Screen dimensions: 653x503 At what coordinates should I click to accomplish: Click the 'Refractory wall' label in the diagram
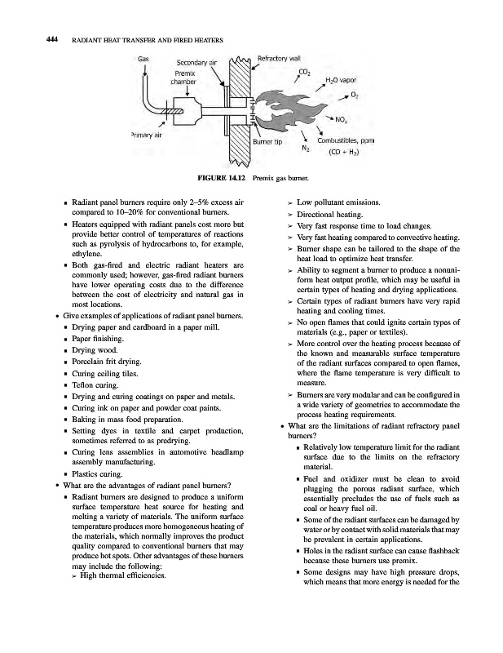[x=281, y=58]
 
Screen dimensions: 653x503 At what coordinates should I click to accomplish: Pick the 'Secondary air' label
[x=196, y=63]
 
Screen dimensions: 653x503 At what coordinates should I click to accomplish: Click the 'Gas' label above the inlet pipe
[x=143, y=59]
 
